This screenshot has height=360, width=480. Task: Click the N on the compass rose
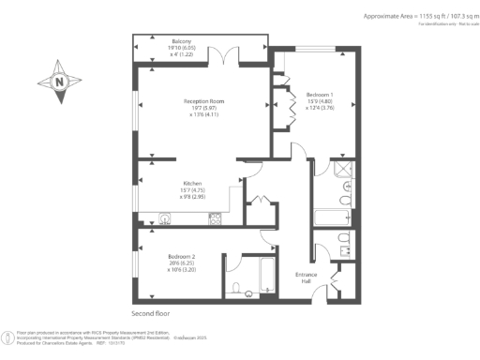[x=60, y=82]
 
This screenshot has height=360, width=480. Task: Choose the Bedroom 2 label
[x=182, y=256]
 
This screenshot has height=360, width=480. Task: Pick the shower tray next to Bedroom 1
[x=343, y=169]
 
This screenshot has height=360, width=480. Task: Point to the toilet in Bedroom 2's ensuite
[x=237, y=288]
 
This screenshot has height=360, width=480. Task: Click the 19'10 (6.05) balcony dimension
[x=180, y=47]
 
